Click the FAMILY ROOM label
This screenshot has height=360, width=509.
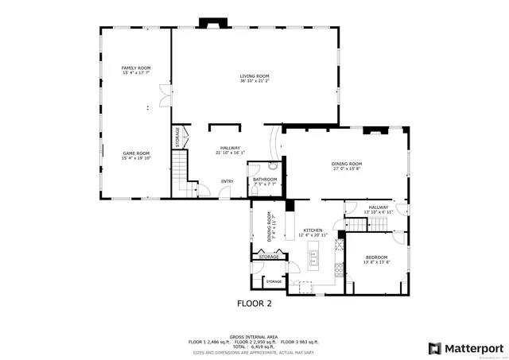[136, 68]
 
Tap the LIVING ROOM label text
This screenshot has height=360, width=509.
[255, 76]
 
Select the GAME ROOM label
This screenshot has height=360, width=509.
[136, 153]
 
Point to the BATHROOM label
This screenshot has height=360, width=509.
[265, 180]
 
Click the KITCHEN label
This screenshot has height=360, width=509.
[312, 230]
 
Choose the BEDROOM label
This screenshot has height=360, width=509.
[376, 257]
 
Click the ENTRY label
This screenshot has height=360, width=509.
[227, 181]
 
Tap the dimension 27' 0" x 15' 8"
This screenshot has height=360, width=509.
[347, 168]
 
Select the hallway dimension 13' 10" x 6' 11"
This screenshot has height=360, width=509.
[379, 211]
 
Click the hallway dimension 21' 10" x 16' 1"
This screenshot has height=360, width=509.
[231, 153]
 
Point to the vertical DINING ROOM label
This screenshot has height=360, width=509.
[269, 226]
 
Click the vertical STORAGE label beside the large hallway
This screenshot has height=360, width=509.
[177, 137]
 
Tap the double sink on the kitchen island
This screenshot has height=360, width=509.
[313, 257]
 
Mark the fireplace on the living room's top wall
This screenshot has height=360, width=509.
[213, 24]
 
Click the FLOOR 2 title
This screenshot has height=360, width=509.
[254, 304]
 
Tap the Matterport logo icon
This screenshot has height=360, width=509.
[434, 348]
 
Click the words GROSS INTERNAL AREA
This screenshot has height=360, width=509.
[254, 336]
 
